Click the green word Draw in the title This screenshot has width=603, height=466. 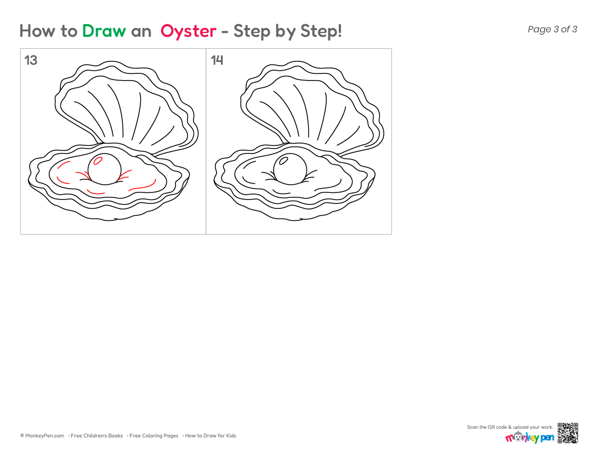[104, 31]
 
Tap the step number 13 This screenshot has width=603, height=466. [31, 60]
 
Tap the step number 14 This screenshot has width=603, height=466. [217, 60]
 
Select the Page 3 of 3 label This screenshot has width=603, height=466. [552, 29]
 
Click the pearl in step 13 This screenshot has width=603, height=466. [105, 169]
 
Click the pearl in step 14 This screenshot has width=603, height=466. [291, 169]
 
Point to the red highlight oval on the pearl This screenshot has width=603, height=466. [98, 161]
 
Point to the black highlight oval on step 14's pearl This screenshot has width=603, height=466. [284, 161]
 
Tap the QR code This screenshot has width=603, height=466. [567, 433]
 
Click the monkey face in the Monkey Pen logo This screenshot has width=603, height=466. [519, 436]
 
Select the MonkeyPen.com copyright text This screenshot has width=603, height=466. [42, 436]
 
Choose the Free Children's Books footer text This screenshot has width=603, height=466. [96, 436]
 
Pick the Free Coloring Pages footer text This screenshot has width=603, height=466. [154, 436]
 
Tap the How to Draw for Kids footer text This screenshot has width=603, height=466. [211, 436]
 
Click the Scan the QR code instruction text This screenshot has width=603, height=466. [510, 427]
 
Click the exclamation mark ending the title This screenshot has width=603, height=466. [339, 31]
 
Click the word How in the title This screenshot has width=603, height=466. [37, 31]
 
